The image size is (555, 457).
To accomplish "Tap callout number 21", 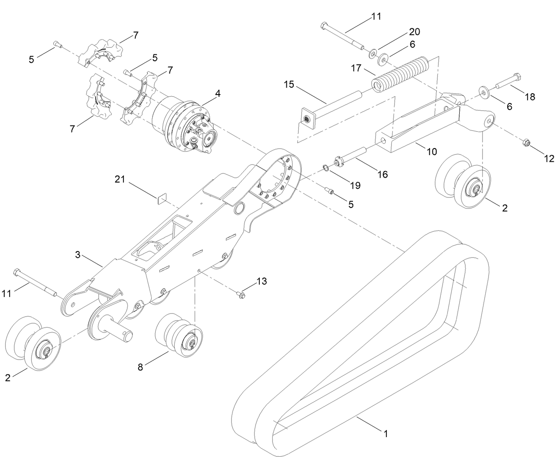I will pos(120,179).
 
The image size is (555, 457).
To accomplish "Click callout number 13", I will pos(262,281).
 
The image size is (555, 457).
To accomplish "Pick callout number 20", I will pos(414,32).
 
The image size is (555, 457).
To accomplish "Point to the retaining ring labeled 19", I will pos(326,167).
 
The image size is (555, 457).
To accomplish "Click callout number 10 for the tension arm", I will pos(431,152).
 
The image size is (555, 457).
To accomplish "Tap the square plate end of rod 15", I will pos(307,118).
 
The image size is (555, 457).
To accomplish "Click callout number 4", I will pos(218,94).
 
